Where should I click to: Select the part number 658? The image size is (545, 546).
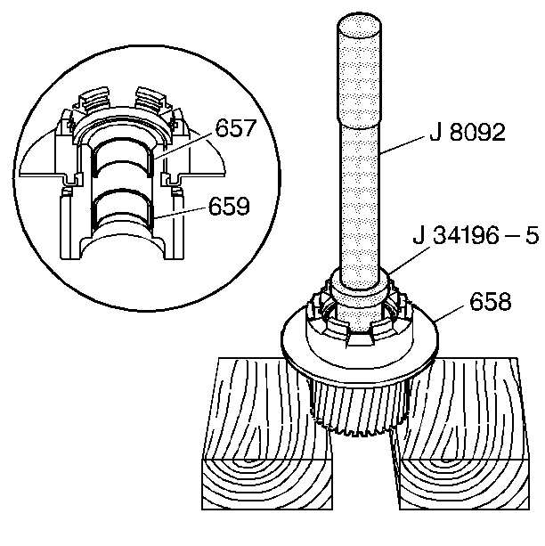[487, 302]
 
